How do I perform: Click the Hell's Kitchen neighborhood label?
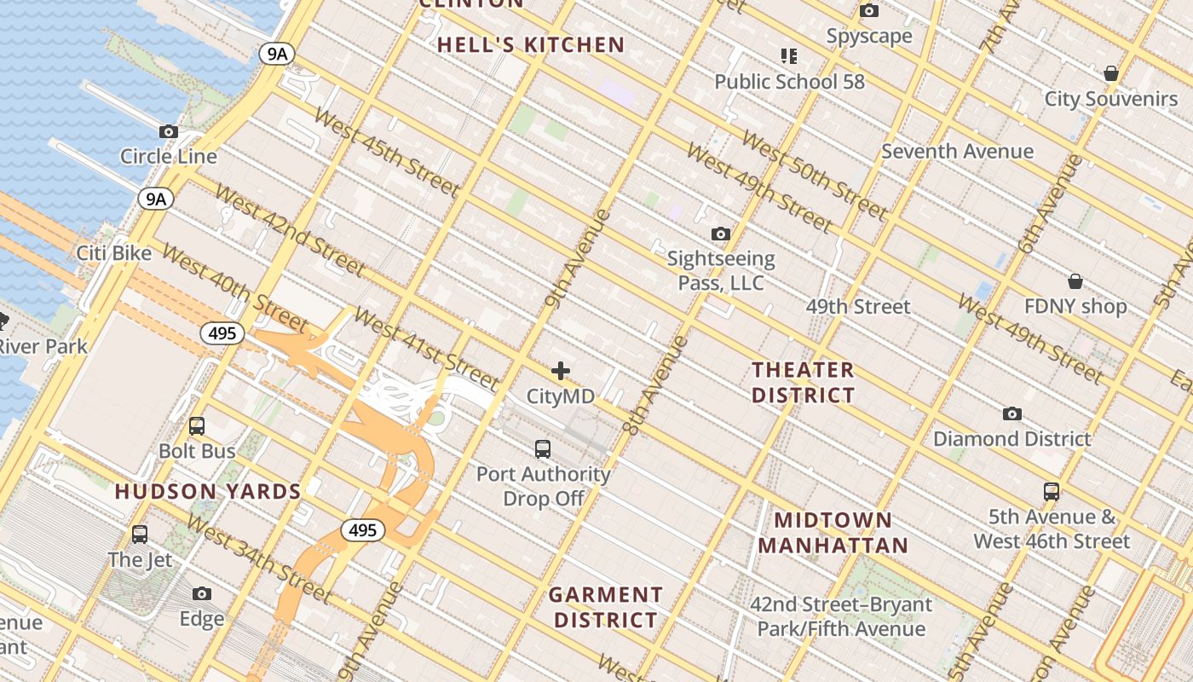tap(531, 45)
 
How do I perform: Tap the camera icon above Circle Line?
tap(169, 131)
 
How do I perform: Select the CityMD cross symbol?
tap(561, 371)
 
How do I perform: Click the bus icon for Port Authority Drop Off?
tap(543, 448)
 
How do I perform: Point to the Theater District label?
tap(803, 382)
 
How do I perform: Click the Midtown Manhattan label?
tap(833, 533)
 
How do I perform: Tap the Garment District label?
tap(605, 607)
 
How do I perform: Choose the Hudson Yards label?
tap(208, 492)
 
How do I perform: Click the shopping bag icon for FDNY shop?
tap(1075, 281)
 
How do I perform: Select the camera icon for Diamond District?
tap(1011, 413)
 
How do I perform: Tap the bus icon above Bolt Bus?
tap(197, 425)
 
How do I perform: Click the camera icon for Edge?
tap(202, 593)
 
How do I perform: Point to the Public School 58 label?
tap(789, 82)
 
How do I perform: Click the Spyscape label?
tap(869, 36)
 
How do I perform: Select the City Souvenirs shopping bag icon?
tap(1110, 73)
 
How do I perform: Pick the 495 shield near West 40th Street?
tap(222, 333)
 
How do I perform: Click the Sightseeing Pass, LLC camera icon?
tap(721, 234)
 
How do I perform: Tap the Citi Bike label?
tap(114, 253)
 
